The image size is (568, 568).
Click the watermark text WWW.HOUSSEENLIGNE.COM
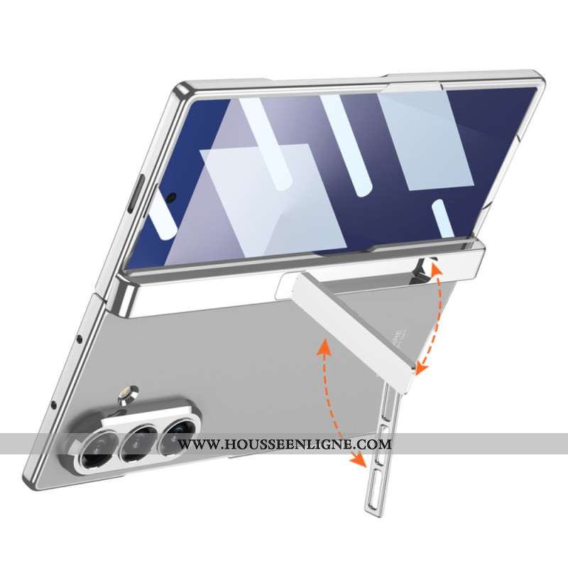pos(285,444)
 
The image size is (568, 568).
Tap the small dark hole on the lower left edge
pos(54,406)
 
